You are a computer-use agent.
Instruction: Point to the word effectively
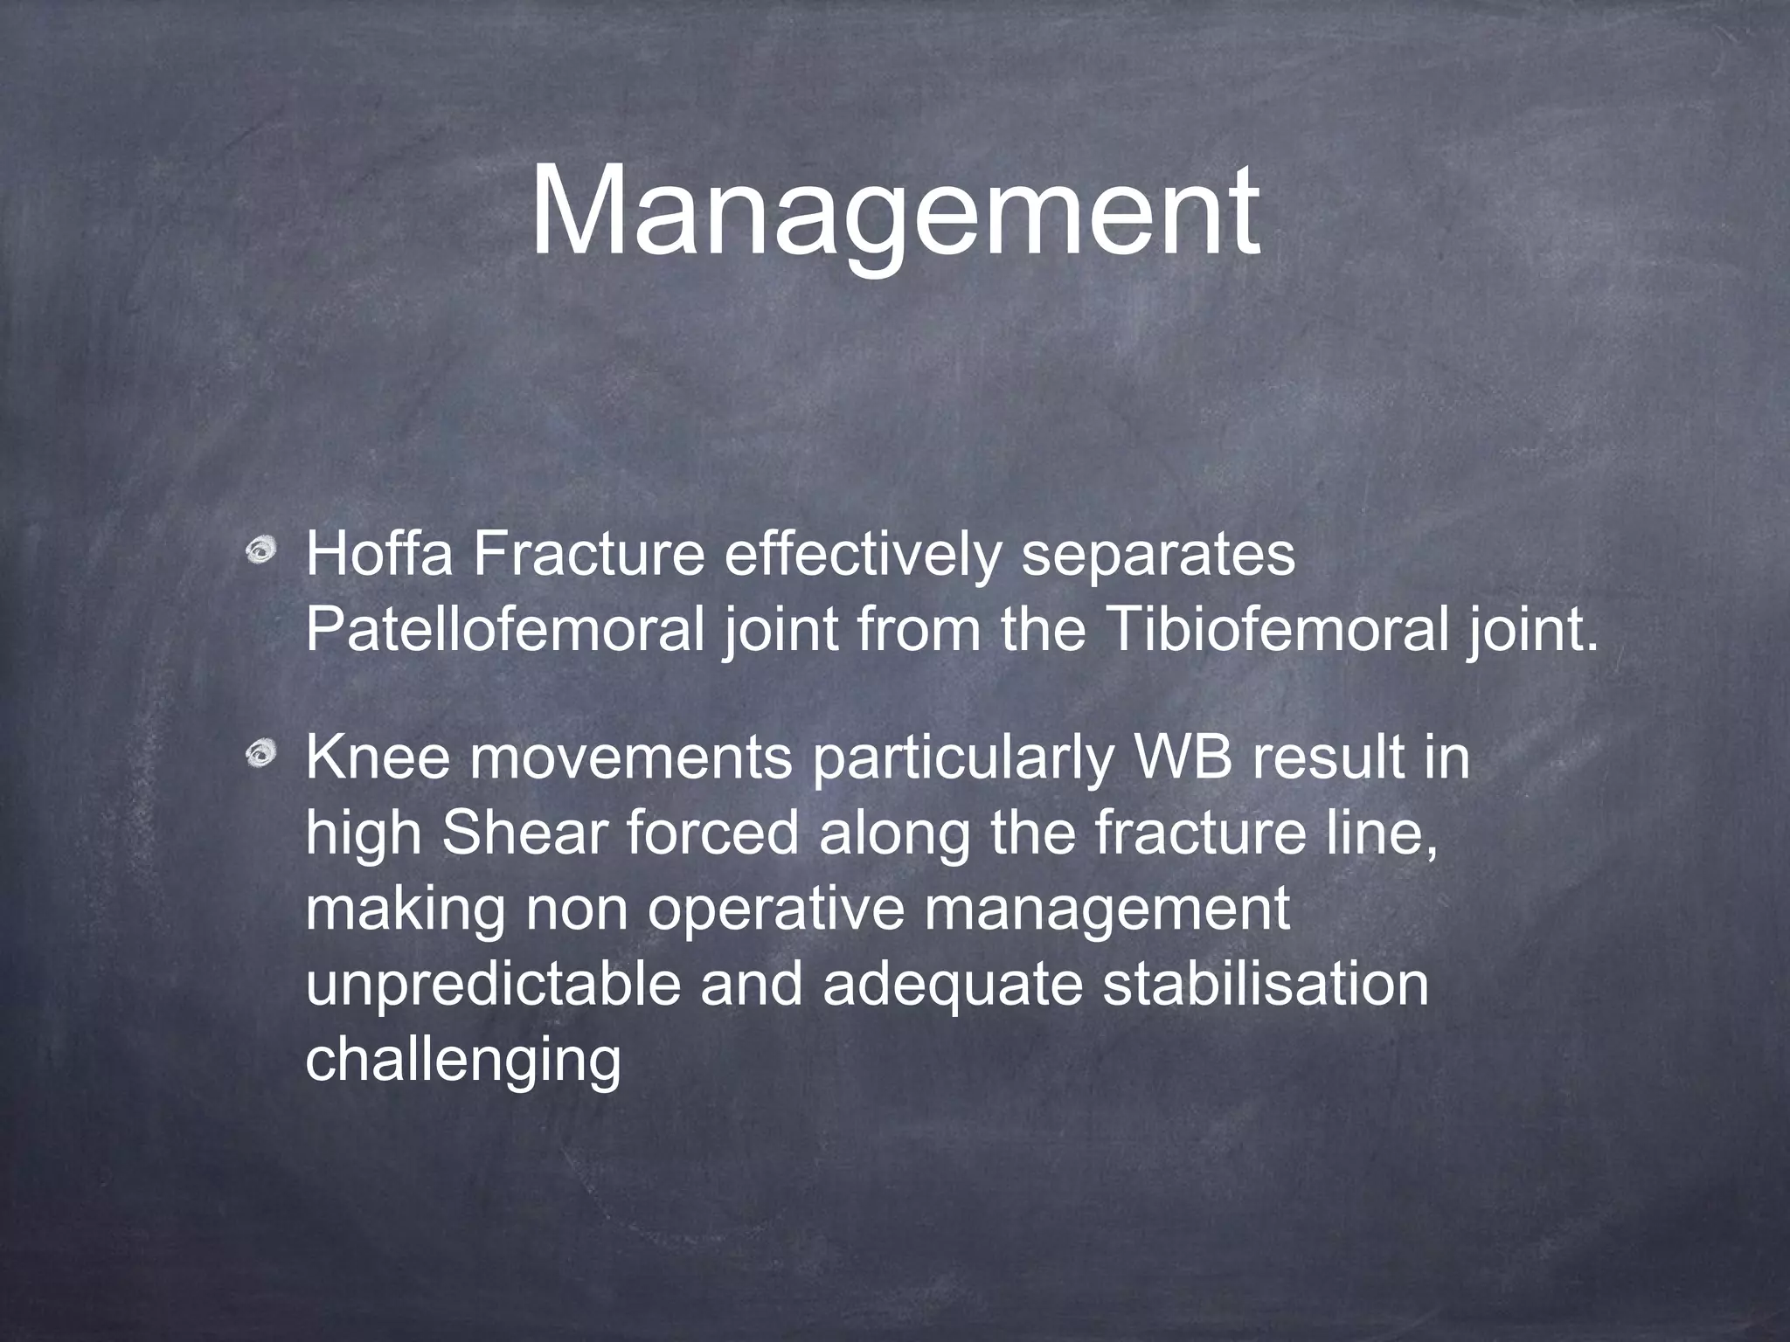point(861,554)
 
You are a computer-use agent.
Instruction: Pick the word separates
point(1158,556)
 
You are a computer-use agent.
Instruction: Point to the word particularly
point(961,758)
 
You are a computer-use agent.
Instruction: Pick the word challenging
point(462,1061)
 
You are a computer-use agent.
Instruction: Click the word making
point(406,909)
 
